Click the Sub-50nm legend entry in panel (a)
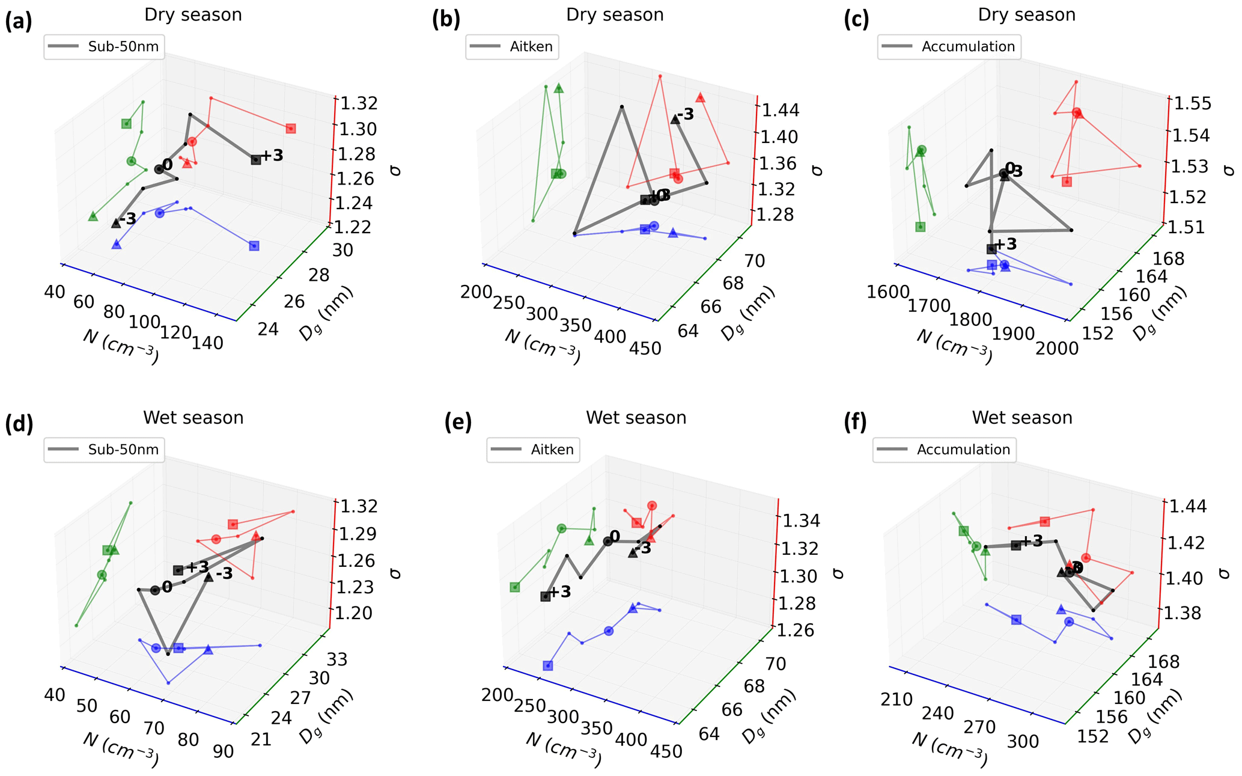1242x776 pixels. coord(103,47)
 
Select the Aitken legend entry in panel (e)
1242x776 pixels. coord(533,450)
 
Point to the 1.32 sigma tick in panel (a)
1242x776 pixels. coord(359,103)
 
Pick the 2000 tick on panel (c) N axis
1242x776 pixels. coord(1057,348)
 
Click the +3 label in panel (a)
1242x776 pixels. coord(272,156)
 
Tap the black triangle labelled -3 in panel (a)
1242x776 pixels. coord(116,223)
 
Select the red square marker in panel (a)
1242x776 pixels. coord(291,129)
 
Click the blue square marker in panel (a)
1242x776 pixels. coord(254,246)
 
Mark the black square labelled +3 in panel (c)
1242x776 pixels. coord(991,249)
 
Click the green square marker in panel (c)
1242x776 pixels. coord(921,227)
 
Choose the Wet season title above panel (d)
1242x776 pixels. coord(193,418)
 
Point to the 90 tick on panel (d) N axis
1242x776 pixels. coord(223,752)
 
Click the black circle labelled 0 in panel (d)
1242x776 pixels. coord(155,590)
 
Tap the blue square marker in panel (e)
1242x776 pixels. coord(548,665)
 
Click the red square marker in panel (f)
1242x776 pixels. coord(1045,522)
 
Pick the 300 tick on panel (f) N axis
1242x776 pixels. coord(1023,742)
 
